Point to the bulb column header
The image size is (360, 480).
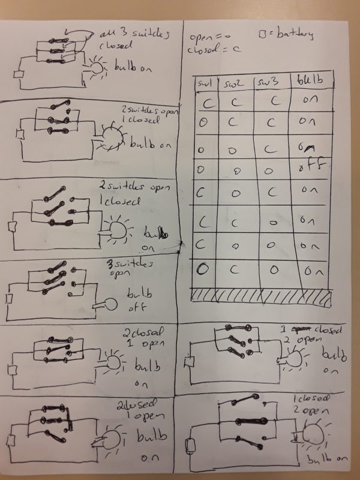pos(307,80)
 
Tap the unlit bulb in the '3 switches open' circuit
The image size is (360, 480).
pos(110,304)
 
